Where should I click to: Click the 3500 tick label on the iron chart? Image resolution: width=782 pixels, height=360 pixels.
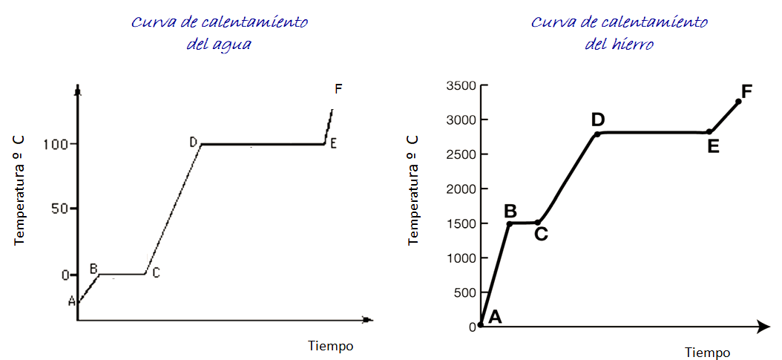460,85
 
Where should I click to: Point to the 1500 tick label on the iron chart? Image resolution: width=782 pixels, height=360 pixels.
460,223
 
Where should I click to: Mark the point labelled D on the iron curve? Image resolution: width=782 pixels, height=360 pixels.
597,134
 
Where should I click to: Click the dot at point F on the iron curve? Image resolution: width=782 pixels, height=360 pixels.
738,101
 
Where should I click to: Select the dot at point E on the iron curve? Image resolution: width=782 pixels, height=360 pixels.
709,132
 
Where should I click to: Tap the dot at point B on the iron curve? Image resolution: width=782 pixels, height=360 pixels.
510,223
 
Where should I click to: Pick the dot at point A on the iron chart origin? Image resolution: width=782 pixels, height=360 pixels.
481,324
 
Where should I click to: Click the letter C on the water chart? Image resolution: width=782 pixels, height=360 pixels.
156,273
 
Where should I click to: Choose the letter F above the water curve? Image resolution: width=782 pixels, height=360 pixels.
338,89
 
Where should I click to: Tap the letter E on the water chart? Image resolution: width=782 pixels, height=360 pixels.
334,144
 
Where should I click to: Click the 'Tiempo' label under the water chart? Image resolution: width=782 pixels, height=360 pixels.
330,346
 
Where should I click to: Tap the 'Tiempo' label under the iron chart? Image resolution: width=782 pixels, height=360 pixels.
707,352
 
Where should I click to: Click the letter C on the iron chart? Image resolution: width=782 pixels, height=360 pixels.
541,235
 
